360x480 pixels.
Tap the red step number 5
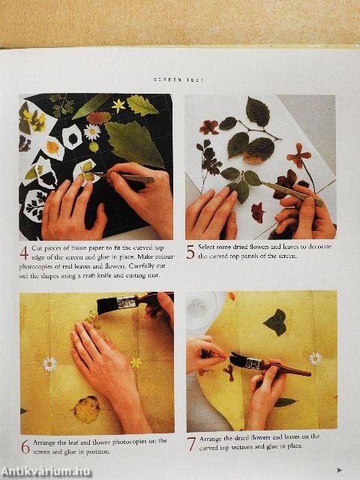coord(190,252)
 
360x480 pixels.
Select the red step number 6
coord(25,447)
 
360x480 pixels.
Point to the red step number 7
coord(190,444)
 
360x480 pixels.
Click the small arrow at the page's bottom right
coord(339,470)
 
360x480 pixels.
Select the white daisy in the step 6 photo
coord(49,364)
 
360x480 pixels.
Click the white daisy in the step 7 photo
coord(315,358)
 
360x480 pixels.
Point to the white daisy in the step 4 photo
coord(91,132)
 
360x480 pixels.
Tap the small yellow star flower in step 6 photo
coord(136,362)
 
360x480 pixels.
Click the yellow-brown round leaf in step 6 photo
coord(85,410)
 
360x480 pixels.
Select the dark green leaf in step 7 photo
coord(275,322)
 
